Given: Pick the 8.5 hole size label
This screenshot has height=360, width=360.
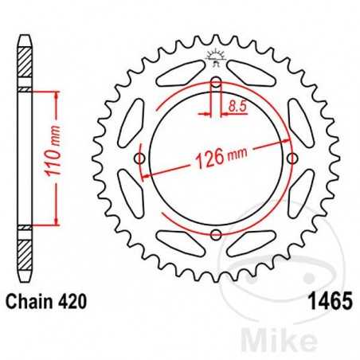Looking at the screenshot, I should (236, 104).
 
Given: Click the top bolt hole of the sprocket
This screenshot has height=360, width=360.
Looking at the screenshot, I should (216, 84).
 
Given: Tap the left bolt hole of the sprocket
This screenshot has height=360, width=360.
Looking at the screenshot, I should (141, 159).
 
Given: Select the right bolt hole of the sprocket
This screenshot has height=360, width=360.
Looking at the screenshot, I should (291, 159).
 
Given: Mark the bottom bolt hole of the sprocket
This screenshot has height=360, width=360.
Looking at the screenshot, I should (216, 234).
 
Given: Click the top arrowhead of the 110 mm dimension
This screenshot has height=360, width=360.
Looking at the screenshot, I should (55, 93).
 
